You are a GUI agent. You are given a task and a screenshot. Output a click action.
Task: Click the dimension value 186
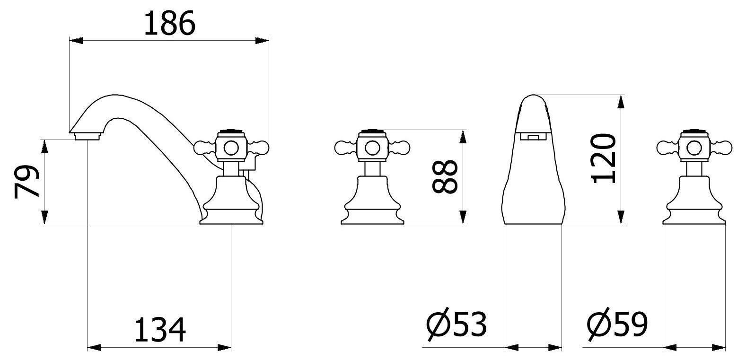[169, 23]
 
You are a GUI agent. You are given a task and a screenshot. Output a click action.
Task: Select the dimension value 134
[160, 329]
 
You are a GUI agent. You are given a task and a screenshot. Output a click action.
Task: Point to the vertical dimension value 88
[445, 176]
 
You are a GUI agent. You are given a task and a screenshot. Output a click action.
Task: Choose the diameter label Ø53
[457, 324]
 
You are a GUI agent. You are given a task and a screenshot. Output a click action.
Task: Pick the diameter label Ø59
[617, 324]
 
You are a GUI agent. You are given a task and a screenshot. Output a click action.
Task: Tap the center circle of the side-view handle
[231, 148]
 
